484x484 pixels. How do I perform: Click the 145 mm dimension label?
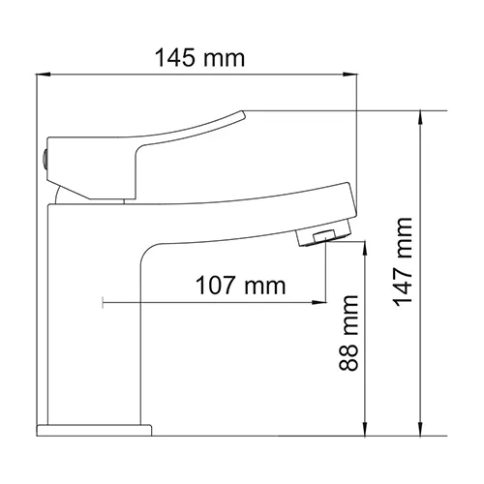pyautogui.click(x=199, y=57)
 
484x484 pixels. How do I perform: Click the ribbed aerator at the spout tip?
pyautogui.click(x=323, y=236)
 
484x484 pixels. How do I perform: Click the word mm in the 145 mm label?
pyautogui.click(x=225, y=57)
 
